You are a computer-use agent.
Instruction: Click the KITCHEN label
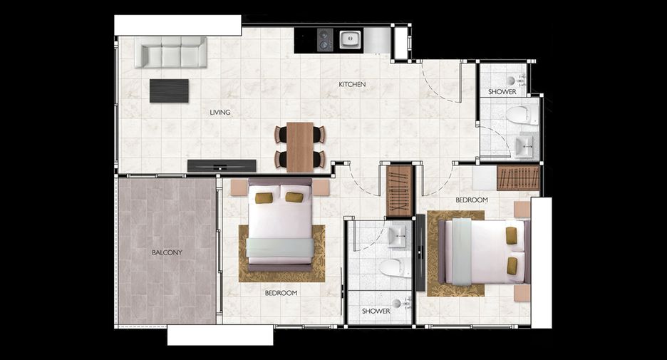pos(352,84)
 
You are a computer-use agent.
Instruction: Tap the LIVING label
pos(220,113)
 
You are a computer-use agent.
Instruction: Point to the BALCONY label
pos(167,252)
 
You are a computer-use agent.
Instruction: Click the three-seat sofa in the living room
pos(171,52)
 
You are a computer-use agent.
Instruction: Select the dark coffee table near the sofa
pos(169,91)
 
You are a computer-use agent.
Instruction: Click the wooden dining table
pos(300,148)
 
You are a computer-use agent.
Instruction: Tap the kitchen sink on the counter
pos(350,40)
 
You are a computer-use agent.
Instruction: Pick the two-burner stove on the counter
pos(324,40)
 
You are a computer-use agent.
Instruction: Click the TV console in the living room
pos(222,165)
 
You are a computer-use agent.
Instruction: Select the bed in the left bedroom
pos(280,225)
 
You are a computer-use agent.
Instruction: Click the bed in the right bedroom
pos(485,252)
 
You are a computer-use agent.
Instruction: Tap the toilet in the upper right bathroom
pos(522,115)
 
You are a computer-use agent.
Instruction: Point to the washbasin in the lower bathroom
pos(398,236)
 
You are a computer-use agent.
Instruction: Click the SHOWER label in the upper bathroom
pos(502,91)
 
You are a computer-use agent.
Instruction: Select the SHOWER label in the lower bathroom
pos(376,311)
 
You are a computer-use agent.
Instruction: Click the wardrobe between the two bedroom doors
pos(400,191)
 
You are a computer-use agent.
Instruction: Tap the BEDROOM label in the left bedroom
pos(281,293)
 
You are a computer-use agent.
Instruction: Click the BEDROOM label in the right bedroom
pos(471,200)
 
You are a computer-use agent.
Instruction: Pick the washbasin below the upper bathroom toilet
pos(524,146)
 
